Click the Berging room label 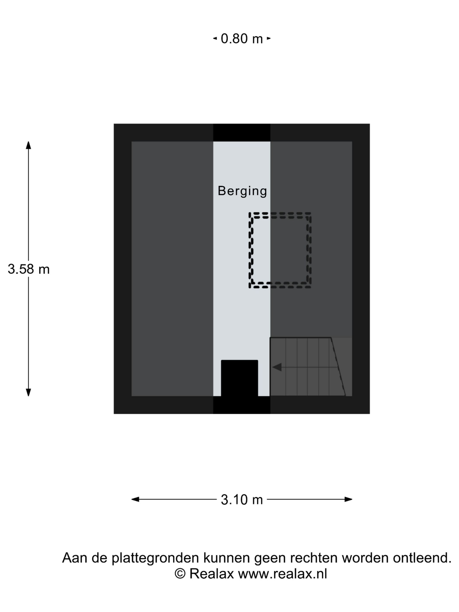click(x=242, y=191)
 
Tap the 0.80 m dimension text click(x=242, y=38)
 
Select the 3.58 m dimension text click(x=28, y=269)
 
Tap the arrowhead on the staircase click(x=277, y=367)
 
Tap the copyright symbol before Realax click(x=180, y=574)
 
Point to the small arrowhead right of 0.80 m click(x=269, y=38)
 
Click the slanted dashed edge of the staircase click(x=338, y=367)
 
